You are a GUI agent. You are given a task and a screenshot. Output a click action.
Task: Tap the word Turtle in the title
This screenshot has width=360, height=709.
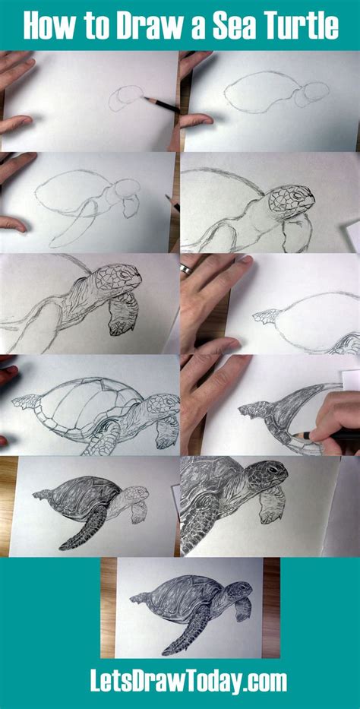[301, 26]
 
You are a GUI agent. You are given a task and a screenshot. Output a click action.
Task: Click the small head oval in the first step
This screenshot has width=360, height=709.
[125, 98]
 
